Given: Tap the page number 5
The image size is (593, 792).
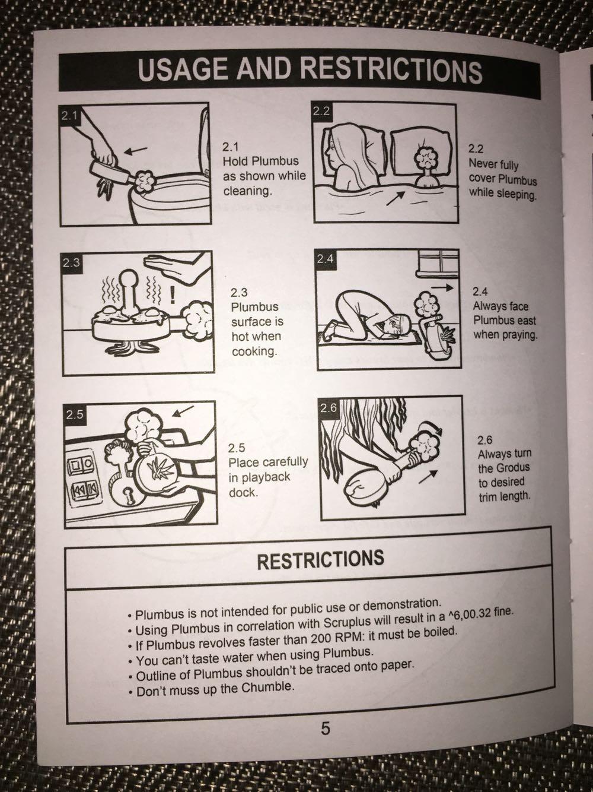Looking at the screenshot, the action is (325, 728).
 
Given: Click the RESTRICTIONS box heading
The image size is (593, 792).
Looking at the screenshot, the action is (321, 559).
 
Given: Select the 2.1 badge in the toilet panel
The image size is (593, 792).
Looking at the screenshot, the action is (69, 116).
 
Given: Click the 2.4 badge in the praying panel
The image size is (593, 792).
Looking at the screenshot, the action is (326, 259).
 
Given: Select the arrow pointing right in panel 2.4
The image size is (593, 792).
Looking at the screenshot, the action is (442, 287).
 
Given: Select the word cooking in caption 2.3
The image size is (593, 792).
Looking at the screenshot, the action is (254, 351).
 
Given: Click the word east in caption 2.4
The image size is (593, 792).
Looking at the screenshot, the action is (527, 320).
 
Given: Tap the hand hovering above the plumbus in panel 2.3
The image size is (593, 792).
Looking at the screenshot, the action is (176, 267).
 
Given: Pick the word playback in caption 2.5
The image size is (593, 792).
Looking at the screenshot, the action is (259, 477).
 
